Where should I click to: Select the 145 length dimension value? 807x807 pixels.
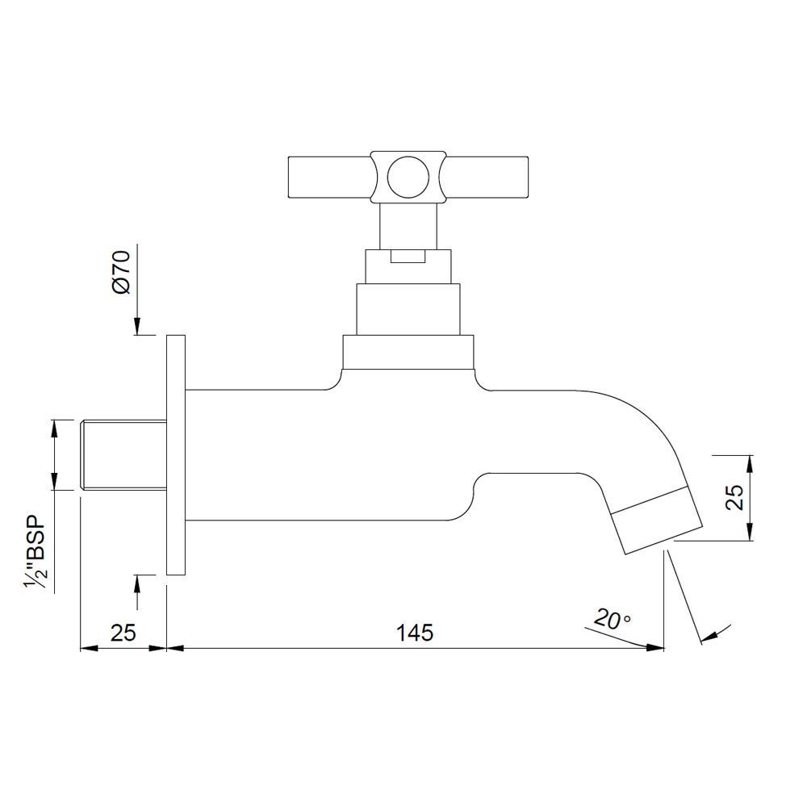(415, 633)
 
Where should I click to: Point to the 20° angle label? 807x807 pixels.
(612, 620)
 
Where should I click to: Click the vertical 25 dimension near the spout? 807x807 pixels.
(734, 499)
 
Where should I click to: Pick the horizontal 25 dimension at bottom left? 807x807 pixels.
(123, 633)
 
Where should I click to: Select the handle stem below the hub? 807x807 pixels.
(409, 224)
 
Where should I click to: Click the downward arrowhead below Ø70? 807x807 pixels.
(138, 326)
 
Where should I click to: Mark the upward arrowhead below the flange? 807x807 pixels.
(138, 583)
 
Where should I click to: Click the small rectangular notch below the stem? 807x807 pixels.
(407, 257)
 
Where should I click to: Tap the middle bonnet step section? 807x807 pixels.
(408, 307)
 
